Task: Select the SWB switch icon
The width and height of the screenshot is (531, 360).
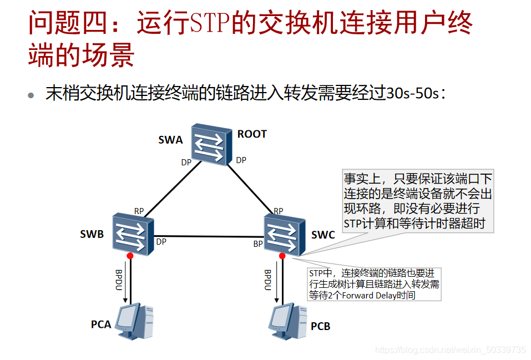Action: pos(132,234)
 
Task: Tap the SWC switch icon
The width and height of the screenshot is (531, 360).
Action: pos(284,234)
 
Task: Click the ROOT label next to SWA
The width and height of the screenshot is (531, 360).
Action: pos(252,134)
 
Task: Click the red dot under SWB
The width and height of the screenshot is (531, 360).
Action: pos(130,256)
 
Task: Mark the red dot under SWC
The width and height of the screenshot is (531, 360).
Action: pos(282,256)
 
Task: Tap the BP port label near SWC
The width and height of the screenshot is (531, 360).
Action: pos(258,244)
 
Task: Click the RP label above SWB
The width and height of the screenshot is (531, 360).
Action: pos(139,211)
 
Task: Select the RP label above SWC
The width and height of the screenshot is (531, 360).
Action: pos(278,211)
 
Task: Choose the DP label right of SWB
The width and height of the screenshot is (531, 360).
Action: pos(161,242)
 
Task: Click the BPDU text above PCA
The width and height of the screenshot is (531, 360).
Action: pos(119,280)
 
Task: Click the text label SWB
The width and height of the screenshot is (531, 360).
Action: pos(92,234)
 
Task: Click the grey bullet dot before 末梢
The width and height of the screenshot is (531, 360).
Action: pos(32,95)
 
